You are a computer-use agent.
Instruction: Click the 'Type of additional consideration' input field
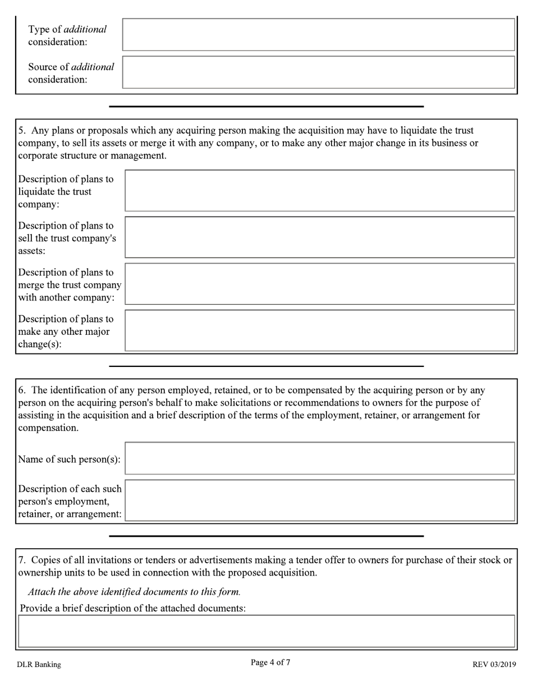318,35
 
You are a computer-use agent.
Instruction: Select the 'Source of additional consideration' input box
318,72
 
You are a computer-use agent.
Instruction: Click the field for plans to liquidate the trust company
319,191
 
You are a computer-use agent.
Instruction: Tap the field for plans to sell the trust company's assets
319,237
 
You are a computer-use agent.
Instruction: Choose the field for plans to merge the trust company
319,284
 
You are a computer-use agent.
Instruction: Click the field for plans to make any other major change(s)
319,330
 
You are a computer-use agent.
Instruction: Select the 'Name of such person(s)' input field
319,458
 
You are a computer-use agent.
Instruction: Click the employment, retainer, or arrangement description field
319,500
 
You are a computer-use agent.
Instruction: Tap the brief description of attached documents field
266,631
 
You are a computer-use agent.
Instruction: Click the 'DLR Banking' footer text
39,665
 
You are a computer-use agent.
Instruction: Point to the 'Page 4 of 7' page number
270,663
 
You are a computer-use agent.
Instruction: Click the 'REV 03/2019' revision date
494,665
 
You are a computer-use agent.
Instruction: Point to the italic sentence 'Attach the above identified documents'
134,591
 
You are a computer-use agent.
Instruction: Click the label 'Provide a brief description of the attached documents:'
133,608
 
